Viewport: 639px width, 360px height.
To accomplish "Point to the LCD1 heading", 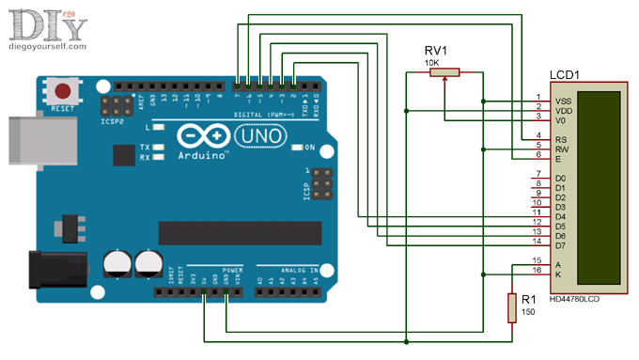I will [x=565, y=73].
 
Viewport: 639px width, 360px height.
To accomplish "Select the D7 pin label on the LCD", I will [x=560, y=245].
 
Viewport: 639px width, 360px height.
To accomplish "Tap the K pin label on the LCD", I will [x=558, y=274].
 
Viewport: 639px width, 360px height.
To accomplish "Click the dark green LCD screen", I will [x=599, y=187].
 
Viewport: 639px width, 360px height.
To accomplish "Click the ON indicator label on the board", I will [x=308, y=148].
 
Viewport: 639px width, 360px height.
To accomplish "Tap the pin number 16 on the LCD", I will [x=537, y=270].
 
